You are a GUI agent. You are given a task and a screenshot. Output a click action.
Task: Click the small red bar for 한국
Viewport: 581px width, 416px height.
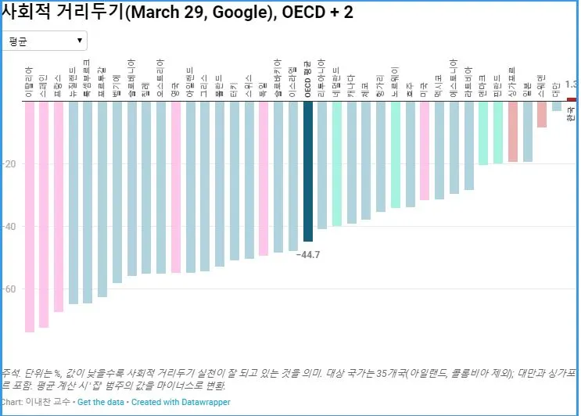pos(571,99)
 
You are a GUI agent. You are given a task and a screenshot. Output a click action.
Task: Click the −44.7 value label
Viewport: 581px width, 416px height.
pos(308,255)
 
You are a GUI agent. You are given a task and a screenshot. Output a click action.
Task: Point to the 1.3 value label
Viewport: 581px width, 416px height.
pos(571,84)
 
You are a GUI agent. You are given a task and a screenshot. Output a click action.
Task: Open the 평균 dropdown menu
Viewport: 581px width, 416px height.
pos(45,41)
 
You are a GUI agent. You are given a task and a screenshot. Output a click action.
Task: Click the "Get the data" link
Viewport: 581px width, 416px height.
pos(102,402)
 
